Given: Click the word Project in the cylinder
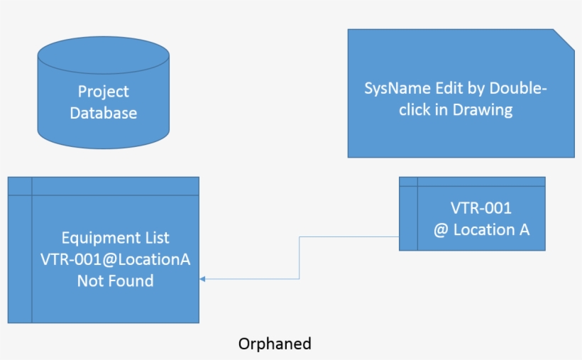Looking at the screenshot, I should coord(104,92).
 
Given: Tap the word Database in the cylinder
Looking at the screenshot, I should coord(104,113).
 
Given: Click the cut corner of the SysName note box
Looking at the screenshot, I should coord(564,39).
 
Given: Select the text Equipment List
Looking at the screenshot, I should coord(115,238).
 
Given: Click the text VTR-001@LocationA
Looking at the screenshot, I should coord(115,259).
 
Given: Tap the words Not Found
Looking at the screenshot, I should coord(115,280).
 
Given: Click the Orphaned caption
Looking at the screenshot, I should coord(275,344).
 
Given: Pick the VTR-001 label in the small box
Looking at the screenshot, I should coord(481,208).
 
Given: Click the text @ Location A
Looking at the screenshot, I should coord(481,229).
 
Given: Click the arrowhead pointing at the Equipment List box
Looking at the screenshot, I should coord(202,279).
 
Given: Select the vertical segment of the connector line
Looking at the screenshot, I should coord(300,258).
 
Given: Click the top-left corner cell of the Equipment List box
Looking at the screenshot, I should coord(20,186).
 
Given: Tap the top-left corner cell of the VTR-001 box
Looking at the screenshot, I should coord(408,182).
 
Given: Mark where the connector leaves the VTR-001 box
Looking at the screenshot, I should coord(399,236).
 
